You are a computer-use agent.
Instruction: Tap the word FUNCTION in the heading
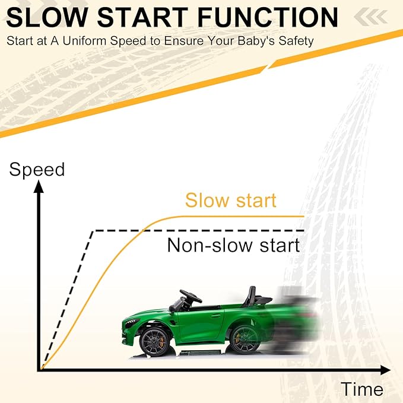tap(268, 17)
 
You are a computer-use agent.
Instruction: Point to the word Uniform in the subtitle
tap(84, 41)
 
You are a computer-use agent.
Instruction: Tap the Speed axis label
tap(37, 170)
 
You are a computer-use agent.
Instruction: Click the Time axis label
tap(362, 389)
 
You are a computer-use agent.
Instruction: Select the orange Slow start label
tap(230, 200)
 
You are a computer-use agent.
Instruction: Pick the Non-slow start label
tap(233, 245)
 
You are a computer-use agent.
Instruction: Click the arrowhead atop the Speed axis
tap(39, 186)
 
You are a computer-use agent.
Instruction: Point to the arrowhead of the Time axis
tap(385, 370)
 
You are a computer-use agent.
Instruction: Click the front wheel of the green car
tap(154, 342)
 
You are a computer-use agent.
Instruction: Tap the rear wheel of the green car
tap(245, 339)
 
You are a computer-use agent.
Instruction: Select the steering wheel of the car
tap(191, 296)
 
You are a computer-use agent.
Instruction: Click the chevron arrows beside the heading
tap(370, 16)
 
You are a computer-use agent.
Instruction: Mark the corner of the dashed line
tap(93, 231)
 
